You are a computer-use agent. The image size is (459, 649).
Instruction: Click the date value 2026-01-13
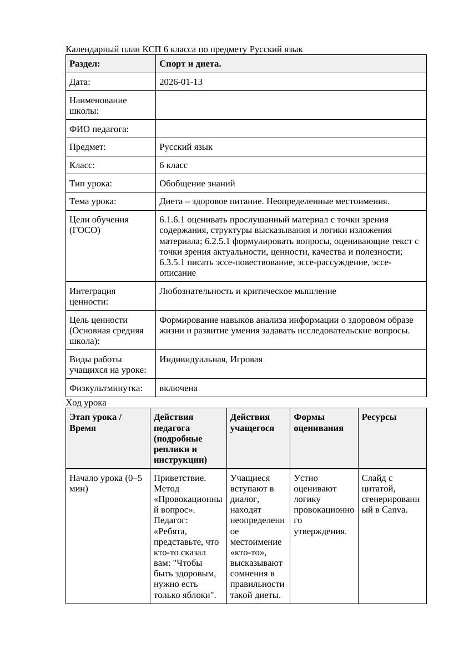180,82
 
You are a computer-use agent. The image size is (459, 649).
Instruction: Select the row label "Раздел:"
85,64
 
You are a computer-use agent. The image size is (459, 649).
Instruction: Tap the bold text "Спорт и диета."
190,64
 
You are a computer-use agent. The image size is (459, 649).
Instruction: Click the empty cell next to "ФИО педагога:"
290,129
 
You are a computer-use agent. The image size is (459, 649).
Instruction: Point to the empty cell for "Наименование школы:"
290,105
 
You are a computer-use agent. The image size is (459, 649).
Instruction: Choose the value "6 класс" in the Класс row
173,165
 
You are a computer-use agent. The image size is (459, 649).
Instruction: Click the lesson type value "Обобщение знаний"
197,183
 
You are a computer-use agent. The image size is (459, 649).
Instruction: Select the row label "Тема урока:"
93,201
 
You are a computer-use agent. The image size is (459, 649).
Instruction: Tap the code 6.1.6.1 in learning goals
173,220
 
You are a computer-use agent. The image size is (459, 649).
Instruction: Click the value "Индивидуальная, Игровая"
211,359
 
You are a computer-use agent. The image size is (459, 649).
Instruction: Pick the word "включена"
178,388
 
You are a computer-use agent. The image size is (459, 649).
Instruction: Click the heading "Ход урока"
86,403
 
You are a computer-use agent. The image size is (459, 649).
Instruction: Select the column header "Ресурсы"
379,417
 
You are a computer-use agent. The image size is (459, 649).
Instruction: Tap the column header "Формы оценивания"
318,423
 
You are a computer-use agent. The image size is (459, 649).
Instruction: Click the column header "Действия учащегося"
252,423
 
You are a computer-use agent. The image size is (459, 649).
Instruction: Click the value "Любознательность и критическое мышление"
248,291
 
